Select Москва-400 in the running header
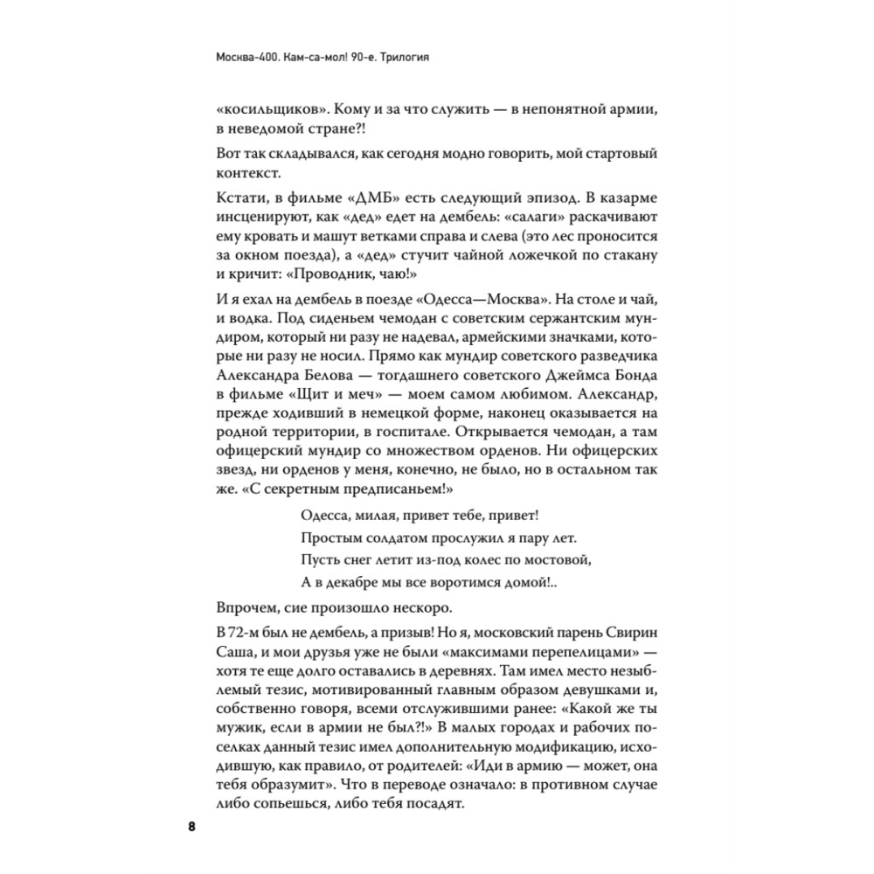coord(247,61)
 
